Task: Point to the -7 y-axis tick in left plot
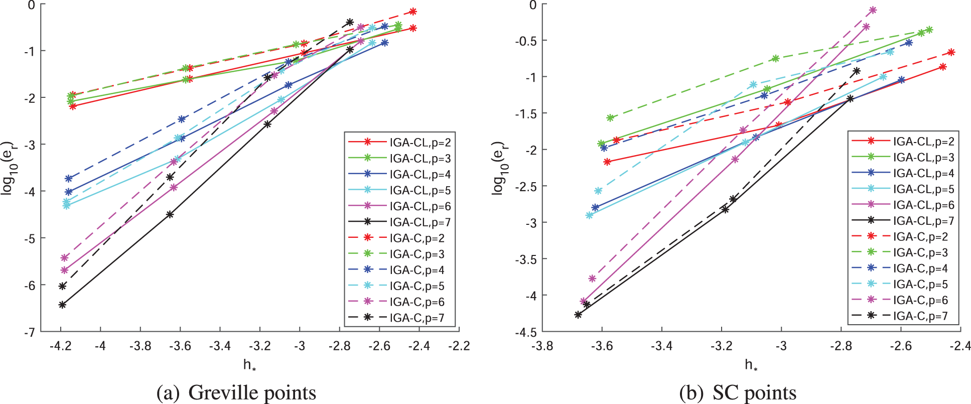tap(31, 332)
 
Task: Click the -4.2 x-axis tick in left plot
tap(61, 346)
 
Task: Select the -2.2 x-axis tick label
tap(459, 346)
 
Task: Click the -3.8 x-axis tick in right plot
tap(542, 346)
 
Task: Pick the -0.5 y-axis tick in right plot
tap(526, 41)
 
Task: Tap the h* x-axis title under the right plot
tap(751, 365)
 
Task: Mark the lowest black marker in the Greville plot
tap(62, 305)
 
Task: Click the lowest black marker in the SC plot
tap(578, 315)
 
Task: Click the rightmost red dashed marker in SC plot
tap(951, 52)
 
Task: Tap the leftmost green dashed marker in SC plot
tap(610, 118)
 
